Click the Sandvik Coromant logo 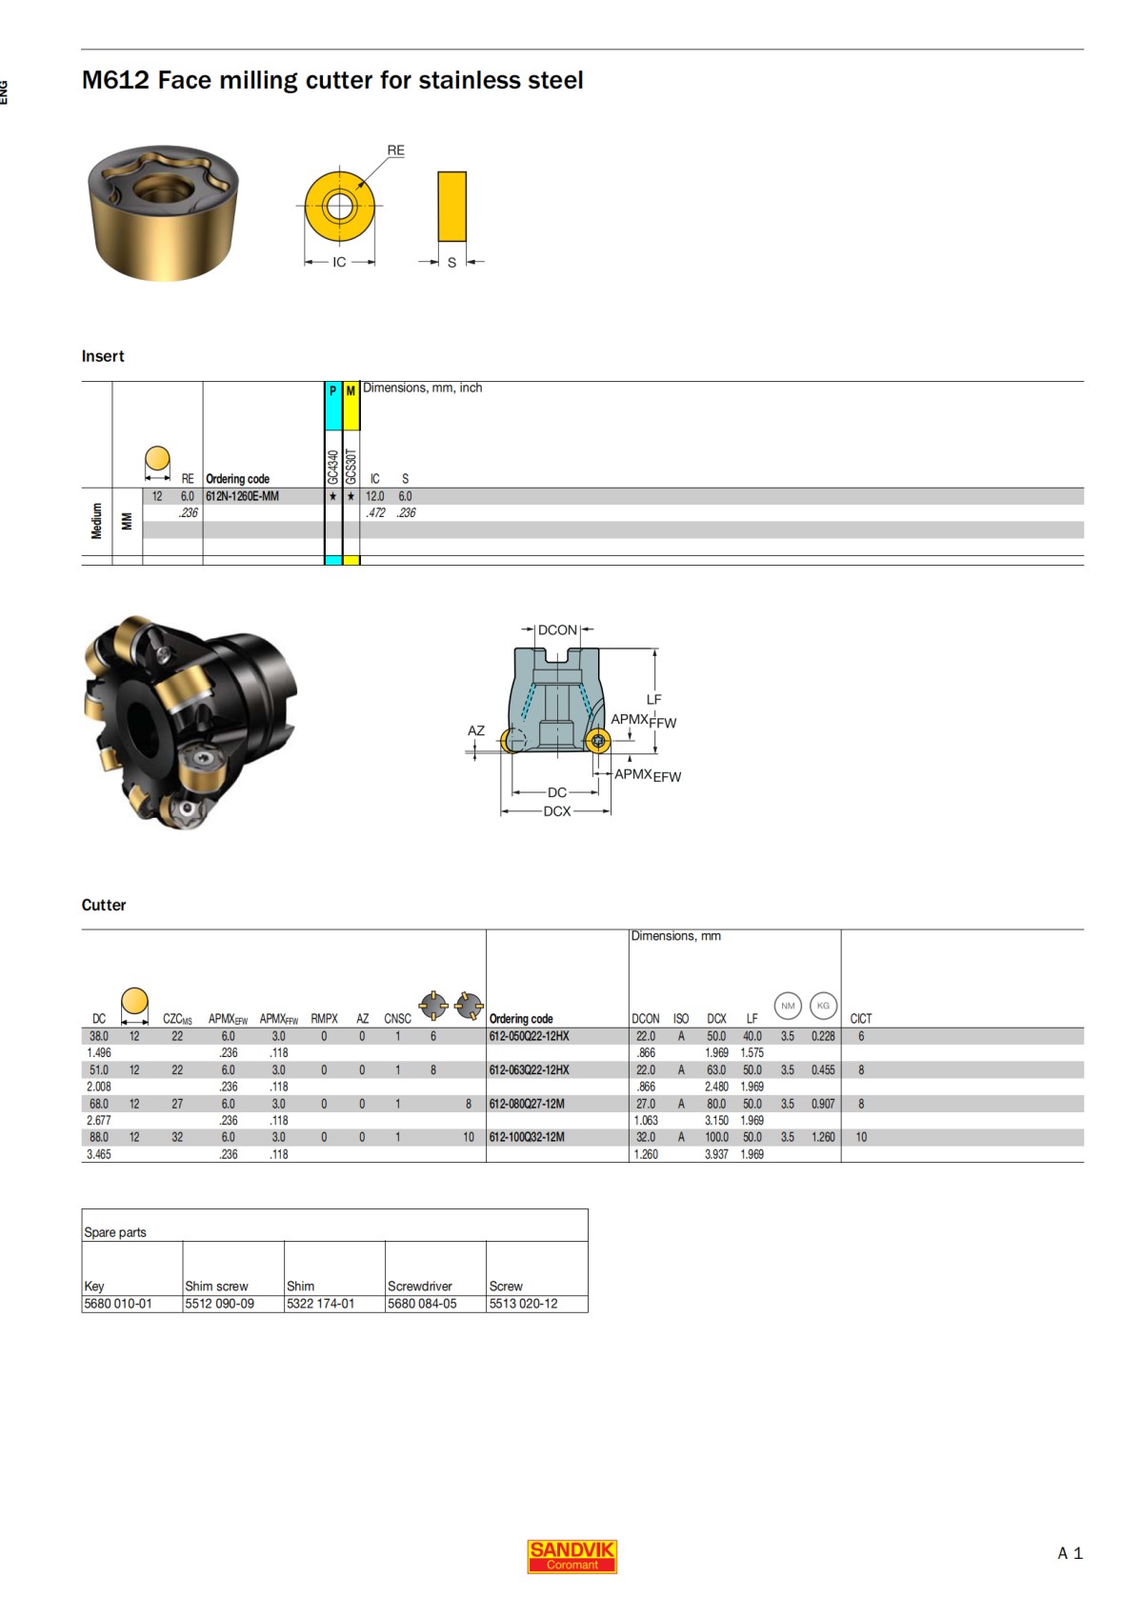pyautogui.click(x=571, y=1556)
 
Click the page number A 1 pyautogui.click(x=1070, y=1553)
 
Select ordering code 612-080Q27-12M pyautogui.click(x=527, y=1104)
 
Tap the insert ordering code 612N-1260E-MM pyautogui.click(x=242, y=496)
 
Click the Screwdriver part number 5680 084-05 pyautogui.click(x=422, y=1304)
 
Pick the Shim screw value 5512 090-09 pyautogui.click(x=219, y=1304)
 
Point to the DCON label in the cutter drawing pyautogui.click(x=557, y=630)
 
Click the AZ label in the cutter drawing pyautogui.click(x=476, y=730)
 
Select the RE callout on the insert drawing pyautogui.click(x=395, y=150)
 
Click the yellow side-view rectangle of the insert pyautogui.click(x=451, y=207)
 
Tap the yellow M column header pyautogui.click(x=351, y=391)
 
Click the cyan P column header pyautogui.click(x=332, y=391)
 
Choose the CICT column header pyautogui.click(x=860, y=1018)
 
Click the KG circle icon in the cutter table pyautogui.click(x=823, y=1006)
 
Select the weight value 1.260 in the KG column pyautogui.click(x=823, y=1137)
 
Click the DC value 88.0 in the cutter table pyautogui.click(x=99, y=1137)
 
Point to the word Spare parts pyautogui.click(x=115, y=1232)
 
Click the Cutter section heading pyautogui.click(x=104, y=905)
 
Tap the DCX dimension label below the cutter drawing pyautogui.click(x=557, y=811)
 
